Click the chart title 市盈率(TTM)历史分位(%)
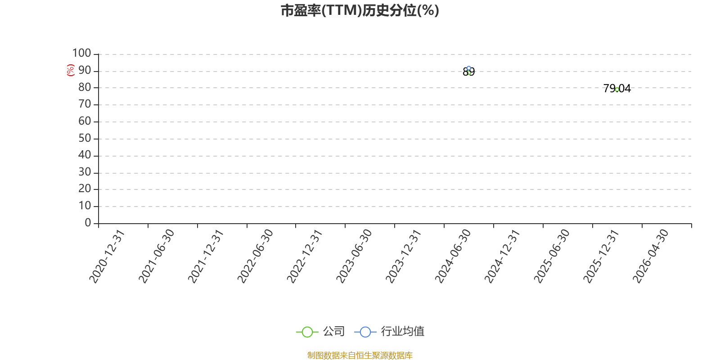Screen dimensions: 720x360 click(x=360, y=11)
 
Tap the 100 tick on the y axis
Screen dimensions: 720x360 click(x=81, y=53)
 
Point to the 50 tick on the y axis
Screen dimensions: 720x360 click(x=85, y=138)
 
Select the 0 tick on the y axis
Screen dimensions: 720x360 click(x=88, y=222)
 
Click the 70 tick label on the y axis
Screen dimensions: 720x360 click(x=85, y=104)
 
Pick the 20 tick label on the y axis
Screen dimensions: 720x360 click(x=85, y=189)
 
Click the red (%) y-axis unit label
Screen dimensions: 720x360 click(x=70, y=70)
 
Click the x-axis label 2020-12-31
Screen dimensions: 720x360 click(x=106, y=256)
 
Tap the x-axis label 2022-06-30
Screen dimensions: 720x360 click(x=255, y=256)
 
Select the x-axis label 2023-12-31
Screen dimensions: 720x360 click(x=403, y=256)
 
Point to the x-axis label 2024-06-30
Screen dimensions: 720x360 click(x=452, y=256)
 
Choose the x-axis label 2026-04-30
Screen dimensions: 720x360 click(x=650, y=256)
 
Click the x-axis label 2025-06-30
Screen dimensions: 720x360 click(x=551, y=256)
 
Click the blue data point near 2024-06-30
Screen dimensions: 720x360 click(x=468, y=68)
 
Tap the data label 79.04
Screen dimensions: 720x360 click(x=617, y=88)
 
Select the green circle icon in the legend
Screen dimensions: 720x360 click(x=307, y=332)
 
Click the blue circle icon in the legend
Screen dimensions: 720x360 click(x=365, y=332)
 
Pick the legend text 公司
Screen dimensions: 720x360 click(x=333, y=331)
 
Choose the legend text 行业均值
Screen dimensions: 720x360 click(x=402, y=331)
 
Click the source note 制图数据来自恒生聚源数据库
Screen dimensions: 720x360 click(x=360, y=355)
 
